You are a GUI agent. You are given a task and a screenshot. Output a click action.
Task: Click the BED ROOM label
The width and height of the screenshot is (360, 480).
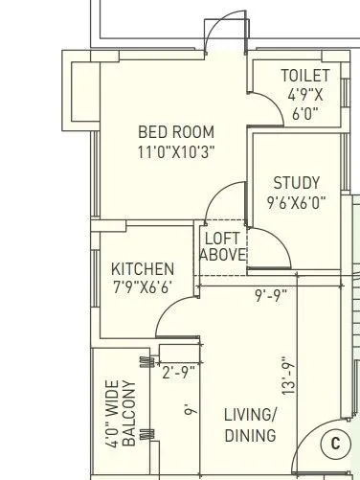tap(176, 132)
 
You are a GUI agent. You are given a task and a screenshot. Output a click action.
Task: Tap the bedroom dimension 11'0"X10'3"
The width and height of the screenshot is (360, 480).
tap(176, 150)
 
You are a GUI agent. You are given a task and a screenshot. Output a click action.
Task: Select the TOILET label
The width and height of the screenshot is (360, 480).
tap(304, 76)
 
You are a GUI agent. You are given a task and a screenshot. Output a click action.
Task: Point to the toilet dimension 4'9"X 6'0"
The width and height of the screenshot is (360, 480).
tap(304, 103)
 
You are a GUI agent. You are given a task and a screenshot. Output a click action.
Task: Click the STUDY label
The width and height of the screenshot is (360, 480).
tap(296, 183)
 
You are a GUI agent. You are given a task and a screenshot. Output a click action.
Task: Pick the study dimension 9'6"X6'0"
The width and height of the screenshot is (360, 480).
tap(296, 202)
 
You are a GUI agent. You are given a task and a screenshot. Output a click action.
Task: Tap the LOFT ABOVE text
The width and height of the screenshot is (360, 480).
tap(222, 246)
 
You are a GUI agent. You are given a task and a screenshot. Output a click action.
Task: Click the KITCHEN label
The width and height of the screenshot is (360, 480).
tap(143, 269)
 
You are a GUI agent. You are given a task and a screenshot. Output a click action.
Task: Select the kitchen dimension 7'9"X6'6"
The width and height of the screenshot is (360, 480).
tap(143, 287)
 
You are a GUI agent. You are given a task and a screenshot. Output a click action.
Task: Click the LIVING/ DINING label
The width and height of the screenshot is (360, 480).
tap(250, 424)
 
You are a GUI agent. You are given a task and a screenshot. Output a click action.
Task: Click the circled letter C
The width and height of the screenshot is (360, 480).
tap(334, 444)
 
